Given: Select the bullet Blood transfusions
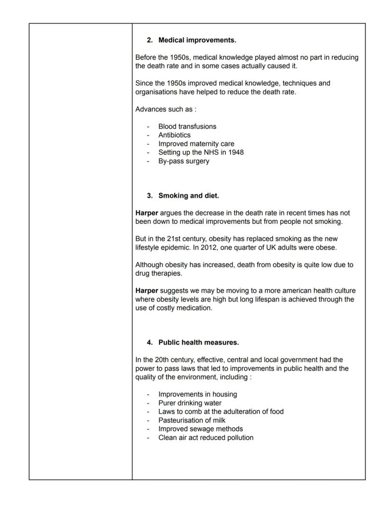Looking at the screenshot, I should click(187, 126).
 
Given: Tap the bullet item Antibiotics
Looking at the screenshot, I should click(174, 135).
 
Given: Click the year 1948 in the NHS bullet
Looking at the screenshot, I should click(236, 152).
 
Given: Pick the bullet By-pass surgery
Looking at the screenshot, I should click(183, 161).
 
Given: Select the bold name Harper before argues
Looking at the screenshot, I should click(147, 213).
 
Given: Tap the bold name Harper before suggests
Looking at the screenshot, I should click(147, 291).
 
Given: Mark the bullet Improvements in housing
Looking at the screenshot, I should click(197, 394).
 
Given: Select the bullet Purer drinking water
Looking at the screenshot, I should click(190, 403).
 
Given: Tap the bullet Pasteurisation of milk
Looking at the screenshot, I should click(192, 420).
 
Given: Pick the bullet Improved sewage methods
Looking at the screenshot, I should click(200, 429).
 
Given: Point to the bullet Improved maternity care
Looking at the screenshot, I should click(196, 144).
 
